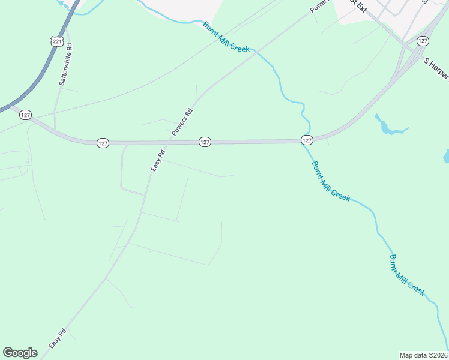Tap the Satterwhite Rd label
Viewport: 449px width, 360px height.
tap(65, 64)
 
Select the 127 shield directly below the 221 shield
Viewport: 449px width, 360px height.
tap(25, 115)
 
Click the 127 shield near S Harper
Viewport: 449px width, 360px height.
tap(423, 41)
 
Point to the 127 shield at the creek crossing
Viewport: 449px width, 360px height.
tap(307, 140)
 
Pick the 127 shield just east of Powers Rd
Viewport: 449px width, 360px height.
tap(205, 142)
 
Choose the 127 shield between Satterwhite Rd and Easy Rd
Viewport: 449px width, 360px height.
tap(103, 143)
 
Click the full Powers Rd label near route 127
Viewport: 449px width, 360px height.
tap(181, 121)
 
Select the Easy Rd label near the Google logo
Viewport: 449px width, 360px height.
tap(58, 339)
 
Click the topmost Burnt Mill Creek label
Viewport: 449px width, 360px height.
tap(226, 37)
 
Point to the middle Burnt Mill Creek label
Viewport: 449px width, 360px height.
tap(330, 181)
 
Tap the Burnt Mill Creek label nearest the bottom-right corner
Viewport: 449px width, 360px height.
tap(407, 275)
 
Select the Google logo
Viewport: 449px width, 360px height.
tap(20, 353)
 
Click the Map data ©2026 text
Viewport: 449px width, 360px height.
tap(424, 355)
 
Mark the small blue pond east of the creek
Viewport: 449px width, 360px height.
tap(389, 125)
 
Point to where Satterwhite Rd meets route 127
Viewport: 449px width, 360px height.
tap(55, 130)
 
